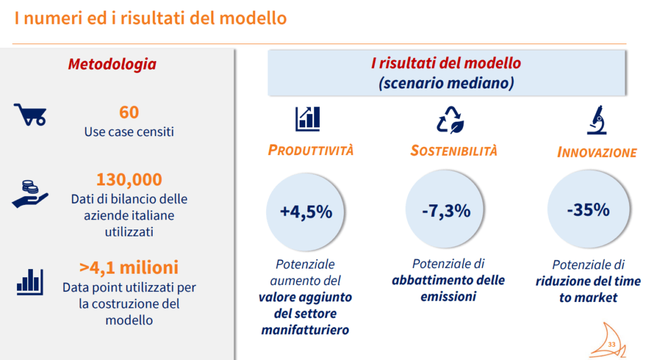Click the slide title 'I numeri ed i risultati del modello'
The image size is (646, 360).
[150, 18]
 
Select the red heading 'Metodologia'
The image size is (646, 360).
[112, 64]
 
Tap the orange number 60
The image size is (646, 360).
[129, 112]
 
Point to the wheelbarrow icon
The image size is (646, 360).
[30, 115]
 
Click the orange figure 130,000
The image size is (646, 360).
[129, 180]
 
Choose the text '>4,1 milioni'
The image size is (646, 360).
[129, 267]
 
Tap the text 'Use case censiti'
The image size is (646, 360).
[129, 132]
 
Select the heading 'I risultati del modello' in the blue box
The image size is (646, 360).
[446, 64]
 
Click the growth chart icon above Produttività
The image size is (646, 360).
[307, 118]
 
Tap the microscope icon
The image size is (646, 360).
[596, 120]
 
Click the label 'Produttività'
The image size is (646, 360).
[310, 150]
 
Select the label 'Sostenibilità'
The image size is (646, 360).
[454, 151]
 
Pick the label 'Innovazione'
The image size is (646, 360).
[597, 153]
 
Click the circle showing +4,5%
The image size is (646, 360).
[306, 212]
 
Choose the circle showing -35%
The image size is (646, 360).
[588, 209]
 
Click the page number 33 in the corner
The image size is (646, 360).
[611, 344]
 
